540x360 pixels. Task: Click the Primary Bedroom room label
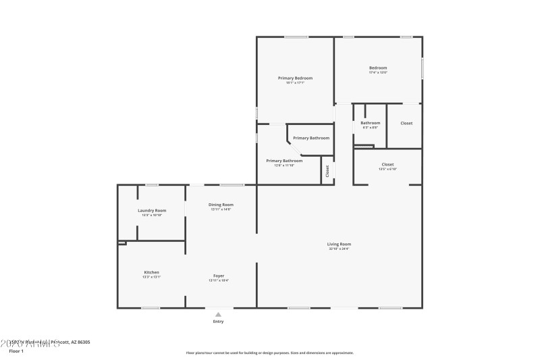[x=295, y=78]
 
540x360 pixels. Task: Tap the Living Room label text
[x=340, y=244]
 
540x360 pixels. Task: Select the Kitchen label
[x=151, y=272]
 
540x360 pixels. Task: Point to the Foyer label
[x=219, y=276]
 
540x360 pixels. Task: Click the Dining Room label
[x=221, y=205]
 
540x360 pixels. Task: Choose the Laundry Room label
[x=152, y=210]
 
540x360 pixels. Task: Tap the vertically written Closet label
[x=327, y=171]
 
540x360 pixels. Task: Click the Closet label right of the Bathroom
[x=406, y=123]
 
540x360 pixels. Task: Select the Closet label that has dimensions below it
[x=387, y=164]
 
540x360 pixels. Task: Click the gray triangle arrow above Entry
[x=217, y=314]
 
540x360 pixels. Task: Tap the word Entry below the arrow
[x=218, y=322]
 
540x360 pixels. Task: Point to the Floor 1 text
[x=16, y=351]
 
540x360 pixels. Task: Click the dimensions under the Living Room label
[x=340, y=249]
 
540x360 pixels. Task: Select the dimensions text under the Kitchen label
[x=151, y=277]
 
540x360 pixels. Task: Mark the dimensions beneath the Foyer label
[x=219, y=280]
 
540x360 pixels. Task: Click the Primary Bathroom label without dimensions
[x=311, y=138]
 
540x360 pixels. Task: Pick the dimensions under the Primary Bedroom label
[x=295, y=83]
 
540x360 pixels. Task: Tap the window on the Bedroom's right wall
[x=422, y=68]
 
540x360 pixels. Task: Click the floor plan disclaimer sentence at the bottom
[x=269, y=353]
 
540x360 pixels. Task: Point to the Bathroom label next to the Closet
[x=370, y=123]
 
